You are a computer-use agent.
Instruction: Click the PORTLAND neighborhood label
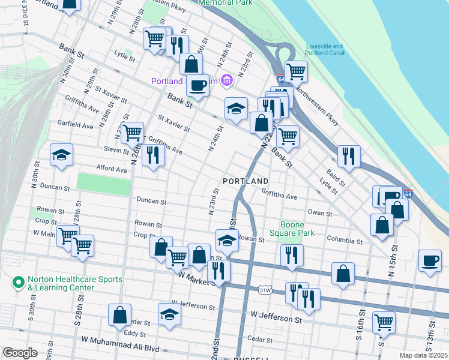(245, 181)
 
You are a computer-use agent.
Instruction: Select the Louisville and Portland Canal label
(324, 50)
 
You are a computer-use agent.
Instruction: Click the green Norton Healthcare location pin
(19, 280)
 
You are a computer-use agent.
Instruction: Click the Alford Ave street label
(111, 170)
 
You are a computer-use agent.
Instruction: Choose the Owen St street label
(320, 213)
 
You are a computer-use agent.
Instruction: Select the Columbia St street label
(345, 241)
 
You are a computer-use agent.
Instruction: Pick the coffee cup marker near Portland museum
(197, 86)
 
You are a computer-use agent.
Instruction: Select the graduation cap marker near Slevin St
(61, 155)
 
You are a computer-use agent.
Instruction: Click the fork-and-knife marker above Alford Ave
(153, 155)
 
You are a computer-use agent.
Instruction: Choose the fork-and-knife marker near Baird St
(349, 156)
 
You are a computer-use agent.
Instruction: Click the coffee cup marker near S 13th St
(430, 260)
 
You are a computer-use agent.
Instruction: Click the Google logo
(20, 353)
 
